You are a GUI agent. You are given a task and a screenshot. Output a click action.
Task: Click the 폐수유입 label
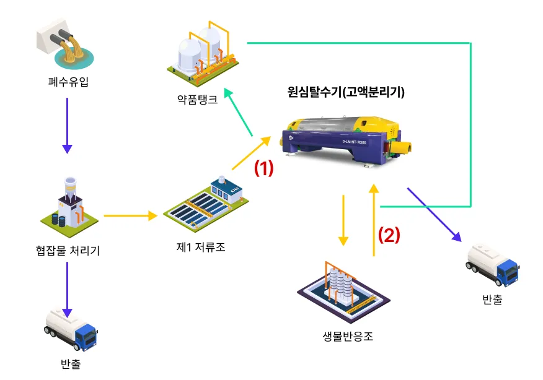pyautogui.click(x=68, y=80)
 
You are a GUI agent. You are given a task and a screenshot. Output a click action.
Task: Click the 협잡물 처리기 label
pyautogui.click(x=68, y=250)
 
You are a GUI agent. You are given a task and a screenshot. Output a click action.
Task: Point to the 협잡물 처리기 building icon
pyautogui.click(x=68, y=204)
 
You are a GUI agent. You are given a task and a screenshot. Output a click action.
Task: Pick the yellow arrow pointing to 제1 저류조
pyautogui.click(x=131, y=216)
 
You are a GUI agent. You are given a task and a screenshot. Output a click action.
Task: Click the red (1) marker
pyautogui.click(x=264, y=169)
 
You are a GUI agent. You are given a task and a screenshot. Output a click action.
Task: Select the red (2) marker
pyautogui.click(x=389, y=235)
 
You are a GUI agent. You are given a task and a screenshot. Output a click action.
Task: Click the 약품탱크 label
pyautogui.click(x=197, y=99)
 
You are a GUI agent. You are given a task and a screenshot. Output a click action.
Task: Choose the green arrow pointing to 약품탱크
pyautogui.click(x=239, y=112)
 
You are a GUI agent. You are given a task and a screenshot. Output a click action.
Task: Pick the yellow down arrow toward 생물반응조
pyautogui.click(x=343, y=220)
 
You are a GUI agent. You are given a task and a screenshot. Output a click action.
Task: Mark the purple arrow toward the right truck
pyautogui.click(x=435, y=214)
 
